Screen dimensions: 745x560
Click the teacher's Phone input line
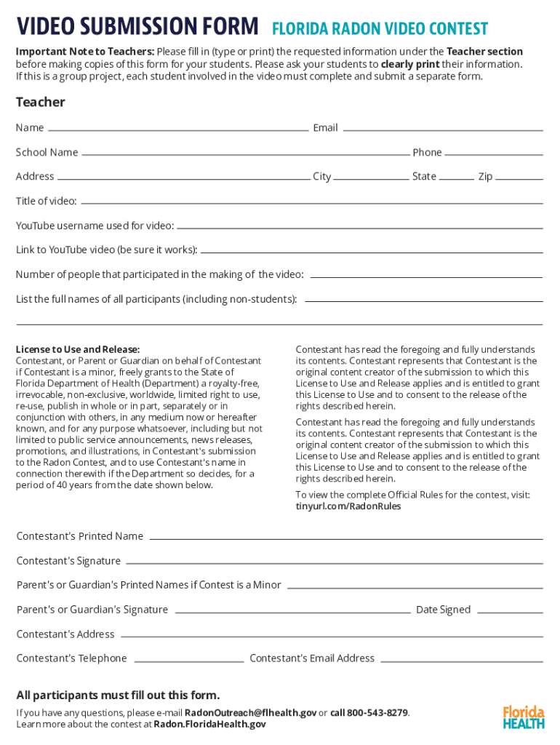coord(494,153)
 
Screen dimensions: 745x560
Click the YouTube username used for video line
coord(359,226)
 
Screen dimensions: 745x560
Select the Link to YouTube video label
coord(106,250)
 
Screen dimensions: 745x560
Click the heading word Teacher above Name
coord(41,102)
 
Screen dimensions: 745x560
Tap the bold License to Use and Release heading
coord(78,349)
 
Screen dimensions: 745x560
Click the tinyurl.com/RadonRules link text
coord(348,506)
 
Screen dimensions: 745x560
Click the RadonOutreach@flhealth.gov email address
coord(250,712)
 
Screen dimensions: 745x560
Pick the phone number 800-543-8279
coord(377,712)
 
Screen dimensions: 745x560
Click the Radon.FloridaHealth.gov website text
coord(209,724)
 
